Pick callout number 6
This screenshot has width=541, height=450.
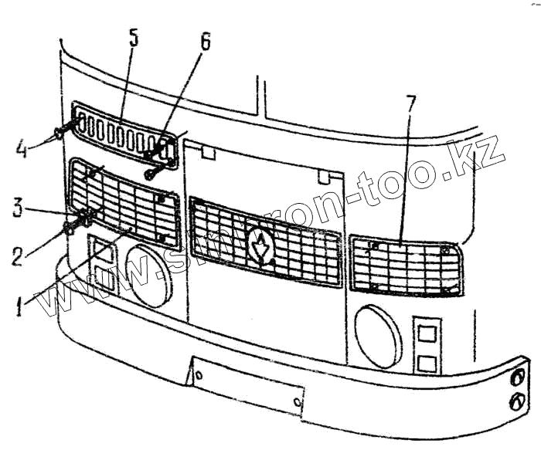(205, 42)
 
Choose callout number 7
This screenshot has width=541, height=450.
(410, 103)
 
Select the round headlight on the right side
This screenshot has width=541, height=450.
(378, 336)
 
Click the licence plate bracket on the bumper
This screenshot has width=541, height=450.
(247, 386)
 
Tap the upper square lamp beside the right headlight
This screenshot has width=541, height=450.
(425, 333)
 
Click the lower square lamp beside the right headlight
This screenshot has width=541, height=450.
(424, 364)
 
